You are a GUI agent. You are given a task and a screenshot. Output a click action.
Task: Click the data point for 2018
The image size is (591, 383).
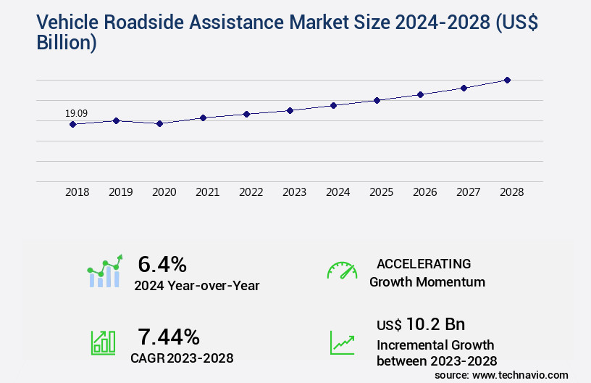coord(72,124)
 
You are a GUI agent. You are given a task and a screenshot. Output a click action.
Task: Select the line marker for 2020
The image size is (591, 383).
coord(159,123)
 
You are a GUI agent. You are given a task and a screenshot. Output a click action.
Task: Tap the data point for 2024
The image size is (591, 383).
coord(333,105)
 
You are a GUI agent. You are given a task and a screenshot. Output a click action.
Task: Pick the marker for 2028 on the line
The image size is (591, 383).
coord(507,80)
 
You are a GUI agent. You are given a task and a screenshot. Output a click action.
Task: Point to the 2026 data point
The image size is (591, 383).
coord(420,94)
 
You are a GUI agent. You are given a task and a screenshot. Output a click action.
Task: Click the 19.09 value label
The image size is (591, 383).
coord(76,113)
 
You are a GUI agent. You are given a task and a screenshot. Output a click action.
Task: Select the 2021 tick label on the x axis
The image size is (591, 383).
coord(207,192)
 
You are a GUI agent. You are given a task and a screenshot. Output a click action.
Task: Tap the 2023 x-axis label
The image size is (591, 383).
coord(294,192)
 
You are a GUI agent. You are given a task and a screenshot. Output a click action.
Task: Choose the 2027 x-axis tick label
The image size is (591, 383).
coord(468,192)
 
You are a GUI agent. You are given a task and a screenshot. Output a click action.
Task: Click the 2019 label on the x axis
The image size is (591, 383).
coord(120,192)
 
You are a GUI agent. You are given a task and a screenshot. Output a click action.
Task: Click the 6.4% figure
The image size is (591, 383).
coord(162,263)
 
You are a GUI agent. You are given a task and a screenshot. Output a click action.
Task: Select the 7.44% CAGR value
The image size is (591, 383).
coord(169,336)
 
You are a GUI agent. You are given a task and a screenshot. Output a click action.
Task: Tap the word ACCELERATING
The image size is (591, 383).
coord(424,263)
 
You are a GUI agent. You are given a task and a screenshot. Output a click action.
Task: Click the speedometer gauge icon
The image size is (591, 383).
coord(342,271)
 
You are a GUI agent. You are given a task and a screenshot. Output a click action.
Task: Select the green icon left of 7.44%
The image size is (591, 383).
coord(103,342)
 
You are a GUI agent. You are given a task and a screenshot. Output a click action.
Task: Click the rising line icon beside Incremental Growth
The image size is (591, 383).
coord(342,342)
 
